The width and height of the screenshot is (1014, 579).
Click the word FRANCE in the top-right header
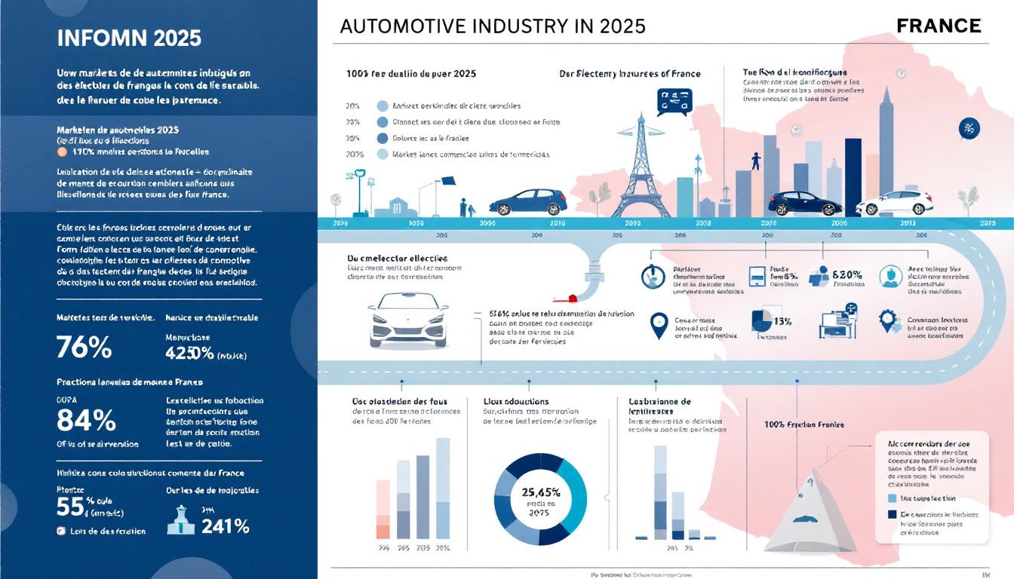939,26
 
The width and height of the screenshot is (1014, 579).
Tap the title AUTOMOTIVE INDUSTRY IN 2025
493,26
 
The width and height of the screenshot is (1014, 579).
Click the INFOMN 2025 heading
129,38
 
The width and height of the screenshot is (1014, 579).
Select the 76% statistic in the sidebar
84,348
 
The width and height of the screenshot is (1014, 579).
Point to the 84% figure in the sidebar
86,420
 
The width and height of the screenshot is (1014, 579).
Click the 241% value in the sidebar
224,525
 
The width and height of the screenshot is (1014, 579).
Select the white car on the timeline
894,203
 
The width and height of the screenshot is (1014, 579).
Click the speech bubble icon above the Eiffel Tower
674,101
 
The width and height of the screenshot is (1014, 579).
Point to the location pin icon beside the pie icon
659,326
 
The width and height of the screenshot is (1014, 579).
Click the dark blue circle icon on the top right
969,129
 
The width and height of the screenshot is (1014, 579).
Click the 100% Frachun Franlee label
804,424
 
